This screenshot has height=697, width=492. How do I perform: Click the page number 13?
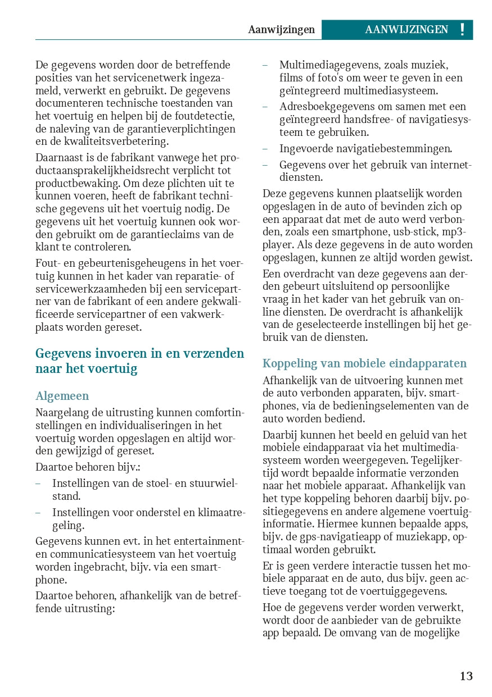pos(466,676)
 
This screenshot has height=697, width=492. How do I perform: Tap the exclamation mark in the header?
pos(462,30)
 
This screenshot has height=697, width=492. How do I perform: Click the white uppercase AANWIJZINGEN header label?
pos(407,30)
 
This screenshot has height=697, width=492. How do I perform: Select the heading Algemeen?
pos(62,396)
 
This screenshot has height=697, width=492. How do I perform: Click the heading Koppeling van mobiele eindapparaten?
pos(364,363)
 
